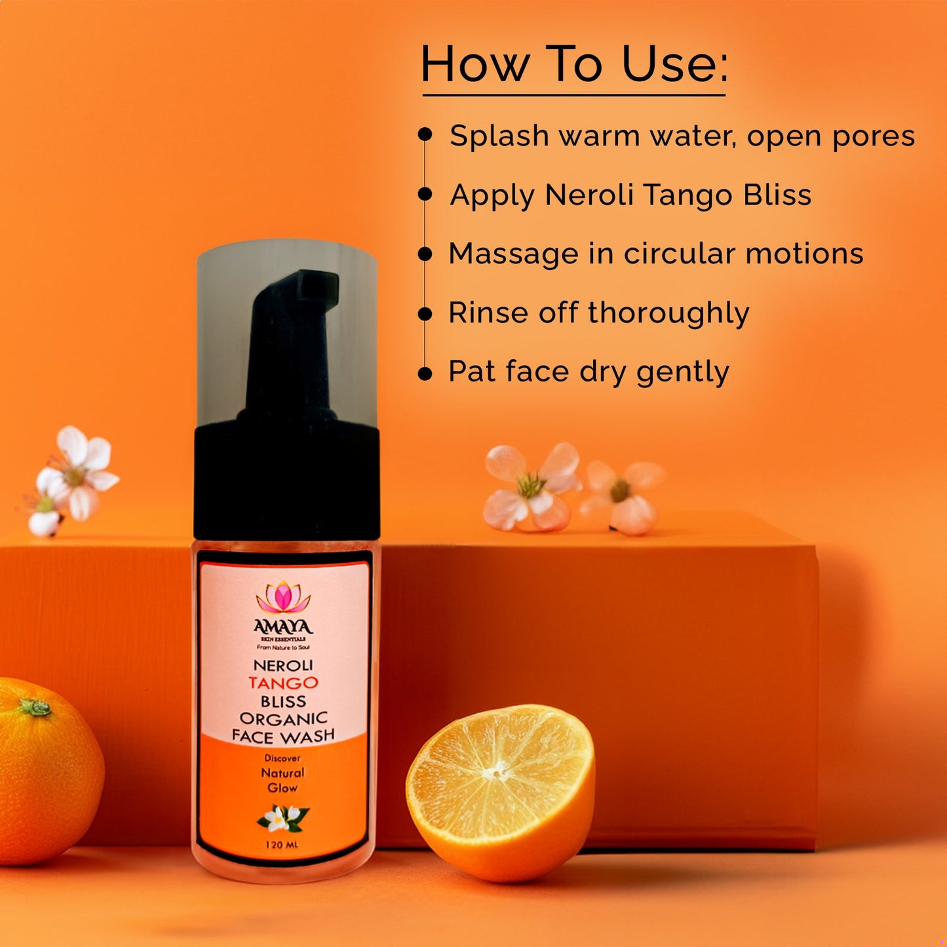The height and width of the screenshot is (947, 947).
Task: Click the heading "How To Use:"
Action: (x=574, y=65)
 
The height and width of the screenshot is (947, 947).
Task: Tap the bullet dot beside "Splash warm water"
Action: (x=425, y=134)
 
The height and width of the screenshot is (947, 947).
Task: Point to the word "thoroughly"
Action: (x=668, y=313)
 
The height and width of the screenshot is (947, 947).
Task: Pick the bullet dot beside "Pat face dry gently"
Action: (x=425, y=373)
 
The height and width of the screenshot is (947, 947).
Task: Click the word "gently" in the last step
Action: (x=683, y=373)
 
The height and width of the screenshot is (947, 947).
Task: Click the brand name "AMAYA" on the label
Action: (x=283, y=628)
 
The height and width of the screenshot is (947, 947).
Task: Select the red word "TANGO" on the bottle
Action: (x=283, y=683)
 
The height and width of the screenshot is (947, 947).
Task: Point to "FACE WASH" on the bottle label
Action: (x=283, y=736)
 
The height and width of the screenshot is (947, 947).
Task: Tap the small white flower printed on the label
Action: (x=281, y=817)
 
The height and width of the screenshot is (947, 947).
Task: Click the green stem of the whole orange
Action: (x=35, y=707)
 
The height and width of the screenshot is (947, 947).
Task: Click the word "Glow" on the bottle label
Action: (x=282, y=788)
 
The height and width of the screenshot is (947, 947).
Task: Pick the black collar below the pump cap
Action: (x=287, y=482)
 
